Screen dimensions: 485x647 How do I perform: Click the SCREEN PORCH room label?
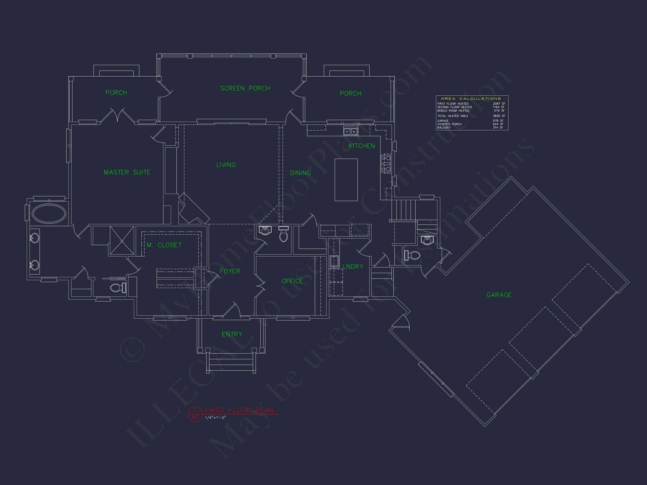pos(245,88)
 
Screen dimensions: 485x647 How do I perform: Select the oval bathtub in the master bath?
pos(49,214)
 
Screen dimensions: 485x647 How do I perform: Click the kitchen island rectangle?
pos(346,180)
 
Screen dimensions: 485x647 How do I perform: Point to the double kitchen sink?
pos(350,132)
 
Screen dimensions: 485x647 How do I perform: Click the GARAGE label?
pos(499,295)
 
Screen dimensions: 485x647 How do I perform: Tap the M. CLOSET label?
pos(164,245)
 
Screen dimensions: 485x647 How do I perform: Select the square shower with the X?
pos(122,240)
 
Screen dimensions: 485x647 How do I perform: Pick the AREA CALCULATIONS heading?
pos(471,99)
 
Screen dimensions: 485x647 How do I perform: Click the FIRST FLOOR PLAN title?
pos(240,410)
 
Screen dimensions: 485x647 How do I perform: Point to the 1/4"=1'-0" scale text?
pos(216,418)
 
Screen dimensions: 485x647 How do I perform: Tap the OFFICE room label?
pos(292,281)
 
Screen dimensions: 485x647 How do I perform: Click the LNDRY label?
pos(353,267)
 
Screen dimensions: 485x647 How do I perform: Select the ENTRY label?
pos(232,334)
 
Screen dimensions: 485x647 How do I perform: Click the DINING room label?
pos(300,173)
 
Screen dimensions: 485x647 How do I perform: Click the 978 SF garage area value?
pos(498,121)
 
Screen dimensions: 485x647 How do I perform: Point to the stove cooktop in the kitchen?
pos(386,163)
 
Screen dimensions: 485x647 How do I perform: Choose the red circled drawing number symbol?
pos(195,414)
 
